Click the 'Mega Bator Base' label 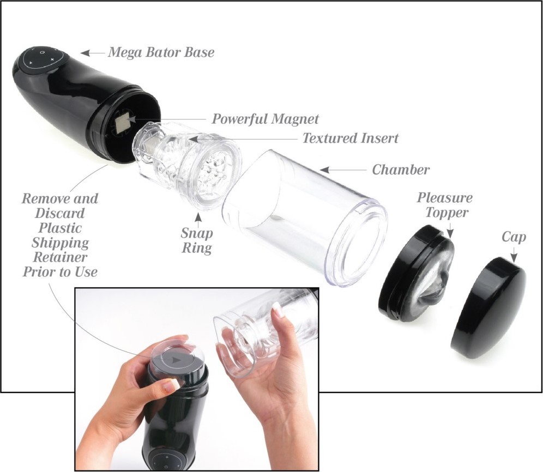[x=161, y=52]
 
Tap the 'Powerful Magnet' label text [x=265, y=119]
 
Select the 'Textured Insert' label [x=351, y=138]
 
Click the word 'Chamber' [x=401, y=170]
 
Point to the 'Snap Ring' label [x=197, y=240]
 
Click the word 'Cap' [x=514, y=237]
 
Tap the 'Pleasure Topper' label [x=445, y=204]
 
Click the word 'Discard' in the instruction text [x=59, y=213]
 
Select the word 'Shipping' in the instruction [x=61, y=243]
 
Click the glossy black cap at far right [x=488, y=308]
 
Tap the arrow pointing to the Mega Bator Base [x=93, y=53]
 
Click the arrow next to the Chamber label [x=343, y=170]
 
